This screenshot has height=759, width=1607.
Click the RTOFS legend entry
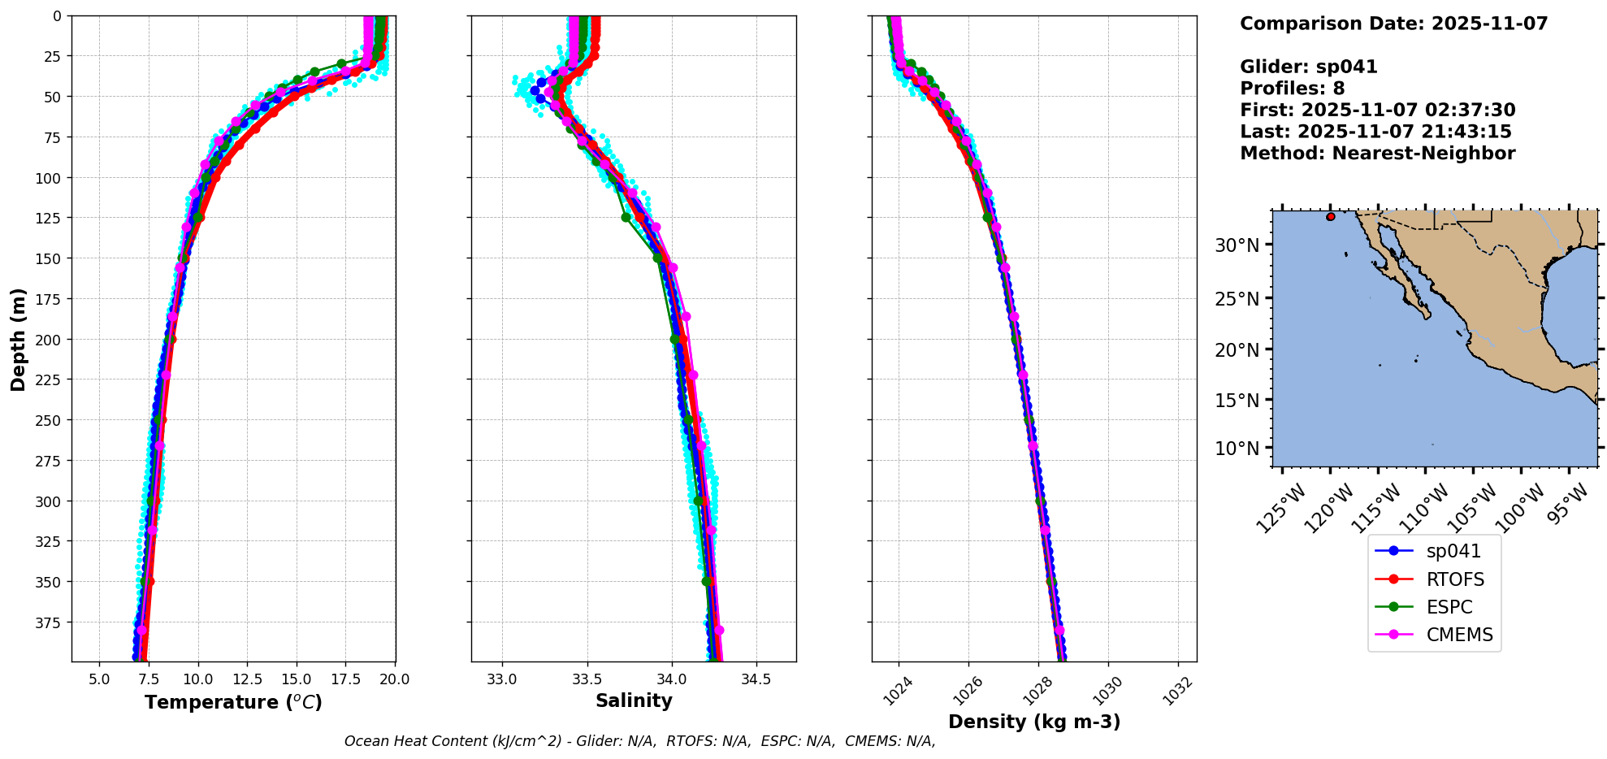(1454, 579)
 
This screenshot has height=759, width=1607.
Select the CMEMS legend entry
(1459, 635)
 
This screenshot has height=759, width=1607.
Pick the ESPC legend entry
(1449, 607)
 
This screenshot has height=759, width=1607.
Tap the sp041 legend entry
(1453, 551)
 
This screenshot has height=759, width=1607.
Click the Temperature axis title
(233, 702)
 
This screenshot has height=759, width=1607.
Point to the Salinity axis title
(634, 700)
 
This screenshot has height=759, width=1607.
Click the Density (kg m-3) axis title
(1034, 722)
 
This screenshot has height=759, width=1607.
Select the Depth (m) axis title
(18, 339)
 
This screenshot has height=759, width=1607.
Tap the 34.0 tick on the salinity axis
(671, 679)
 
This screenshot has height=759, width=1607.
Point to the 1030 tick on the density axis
(1107, 692)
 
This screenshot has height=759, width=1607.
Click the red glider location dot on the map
(1330, 217)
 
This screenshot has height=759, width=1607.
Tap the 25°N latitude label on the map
(1237, 298)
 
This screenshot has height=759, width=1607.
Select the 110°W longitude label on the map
(1424, 508)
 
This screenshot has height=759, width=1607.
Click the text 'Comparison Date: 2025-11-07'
(1393, 24)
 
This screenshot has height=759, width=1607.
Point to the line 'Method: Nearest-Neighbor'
(1377, 154)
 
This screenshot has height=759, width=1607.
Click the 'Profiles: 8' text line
(1292, 89)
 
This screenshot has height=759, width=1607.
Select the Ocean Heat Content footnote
(639, 741)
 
